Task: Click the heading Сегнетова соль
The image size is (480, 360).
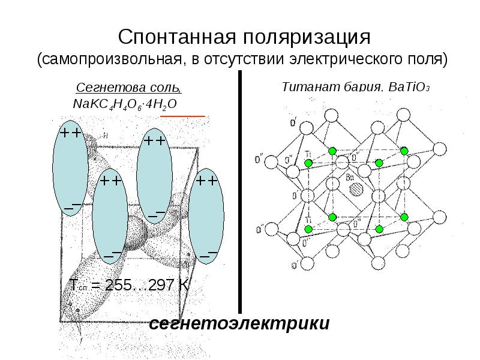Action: click(130, 88)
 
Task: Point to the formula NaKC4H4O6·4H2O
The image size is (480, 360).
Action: click(124, 103)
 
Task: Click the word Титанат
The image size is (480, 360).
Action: click(308, 88)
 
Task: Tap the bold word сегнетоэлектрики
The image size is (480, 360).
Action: click(239, 324)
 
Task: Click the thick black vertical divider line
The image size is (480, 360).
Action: click(240, 192)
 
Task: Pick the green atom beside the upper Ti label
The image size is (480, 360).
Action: click(308, 163)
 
